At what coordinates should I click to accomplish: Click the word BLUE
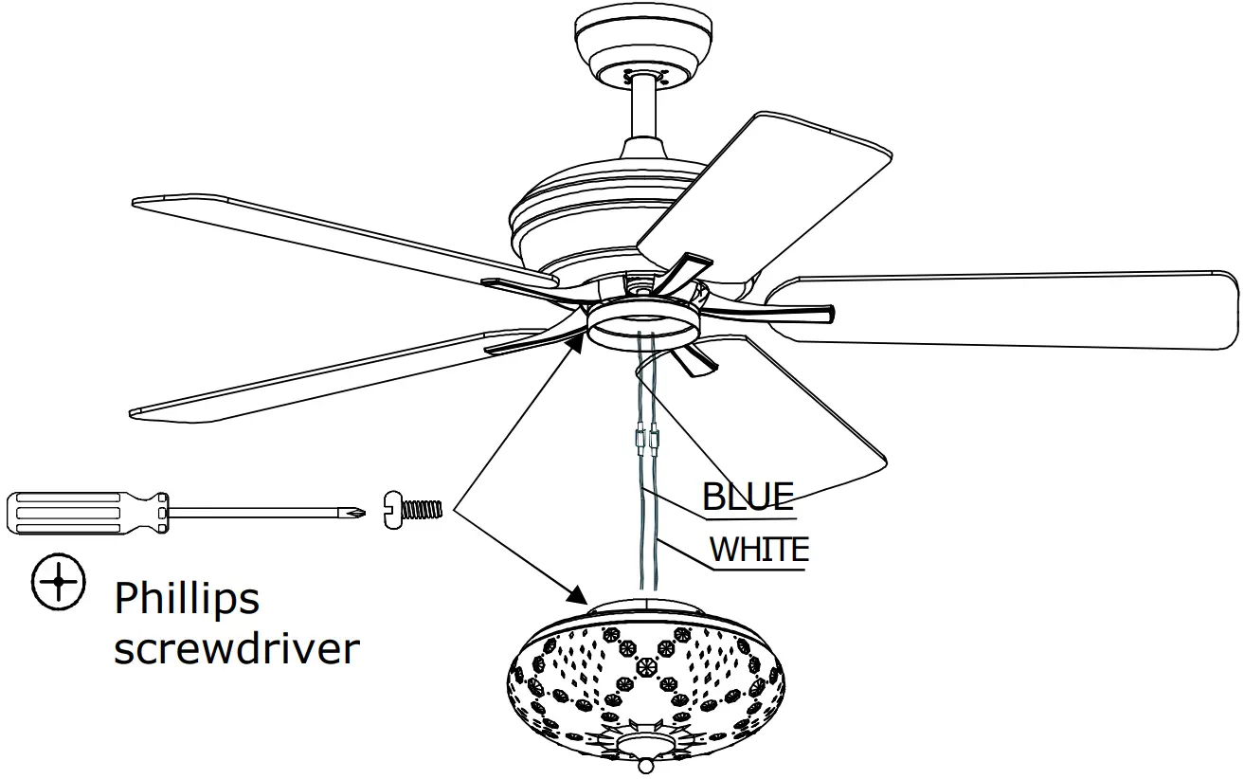(x=748, y=498)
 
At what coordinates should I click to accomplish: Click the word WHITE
(x=759, y=550)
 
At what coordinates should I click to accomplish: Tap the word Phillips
(x=187, y=599)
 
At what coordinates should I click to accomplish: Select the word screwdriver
(x=236, y=650)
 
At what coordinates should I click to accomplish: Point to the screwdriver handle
(x=85, y=515)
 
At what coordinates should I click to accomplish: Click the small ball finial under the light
(x=647, y=764)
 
